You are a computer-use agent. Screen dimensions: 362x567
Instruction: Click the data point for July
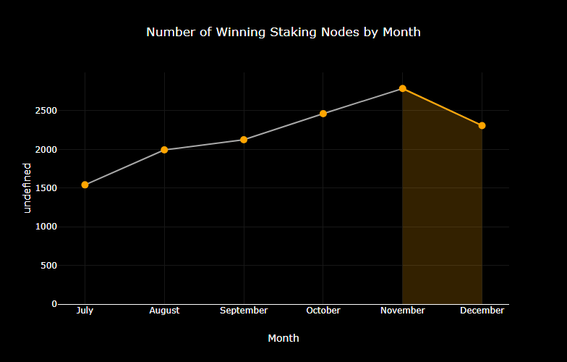pos(85,185)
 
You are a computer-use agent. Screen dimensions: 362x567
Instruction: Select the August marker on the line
pos(164,150)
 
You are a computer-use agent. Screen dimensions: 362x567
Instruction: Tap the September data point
pos(244,140)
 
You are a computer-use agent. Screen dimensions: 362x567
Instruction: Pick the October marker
pos(323,114)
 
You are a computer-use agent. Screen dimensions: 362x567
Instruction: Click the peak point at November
pos(402,88)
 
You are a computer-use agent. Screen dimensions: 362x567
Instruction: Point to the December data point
pos(482,125)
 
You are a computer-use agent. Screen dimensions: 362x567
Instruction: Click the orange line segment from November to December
pos(442,107)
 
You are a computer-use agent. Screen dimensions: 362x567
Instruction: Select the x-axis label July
pos(85,311)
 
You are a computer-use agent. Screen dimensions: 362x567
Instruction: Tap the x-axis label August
pos(164,311)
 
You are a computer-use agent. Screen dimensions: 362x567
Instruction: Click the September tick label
pos(244,311)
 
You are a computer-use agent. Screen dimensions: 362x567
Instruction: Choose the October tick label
pos(323,311)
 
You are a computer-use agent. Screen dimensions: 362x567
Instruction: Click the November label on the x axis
pos(402,311)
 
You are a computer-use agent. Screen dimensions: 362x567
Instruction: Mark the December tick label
pos(482,311)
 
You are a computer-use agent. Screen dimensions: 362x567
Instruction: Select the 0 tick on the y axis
pos(54,304)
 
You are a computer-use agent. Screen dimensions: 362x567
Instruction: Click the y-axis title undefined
pos(27,188)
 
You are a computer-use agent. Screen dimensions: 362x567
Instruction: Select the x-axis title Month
pos(283,338)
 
